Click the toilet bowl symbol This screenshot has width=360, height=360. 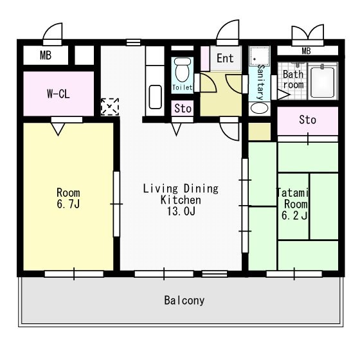tap(183, 69)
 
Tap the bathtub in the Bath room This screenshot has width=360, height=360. tap(322, 82)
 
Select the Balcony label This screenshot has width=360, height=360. tap(184, 300)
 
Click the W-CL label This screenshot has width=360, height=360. tap(59, 94)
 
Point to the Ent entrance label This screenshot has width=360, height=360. tap(225, 58)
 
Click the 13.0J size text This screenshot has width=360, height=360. tap(181, 212)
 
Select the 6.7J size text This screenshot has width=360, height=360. tap(68, 204)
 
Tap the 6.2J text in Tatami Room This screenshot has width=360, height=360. tap(294, 215)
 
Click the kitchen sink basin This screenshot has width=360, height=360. tap(155, 97)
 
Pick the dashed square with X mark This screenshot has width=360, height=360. tap(110, 107)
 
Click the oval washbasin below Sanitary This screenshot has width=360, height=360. tap(259, 108)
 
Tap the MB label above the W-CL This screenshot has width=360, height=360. tap(46, 55)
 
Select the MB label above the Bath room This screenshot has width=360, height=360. tap(306, 51)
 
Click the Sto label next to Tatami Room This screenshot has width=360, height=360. tap(307, 120)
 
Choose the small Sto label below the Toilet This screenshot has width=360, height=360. tap(183, 109)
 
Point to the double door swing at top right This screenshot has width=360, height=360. tap(308, 33)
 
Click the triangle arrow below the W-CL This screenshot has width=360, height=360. tap(58, 129)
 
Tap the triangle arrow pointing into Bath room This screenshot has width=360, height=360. tap(283, 94)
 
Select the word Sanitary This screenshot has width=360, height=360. tap(260, 82)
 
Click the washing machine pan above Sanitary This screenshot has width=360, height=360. tap(260, 57)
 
